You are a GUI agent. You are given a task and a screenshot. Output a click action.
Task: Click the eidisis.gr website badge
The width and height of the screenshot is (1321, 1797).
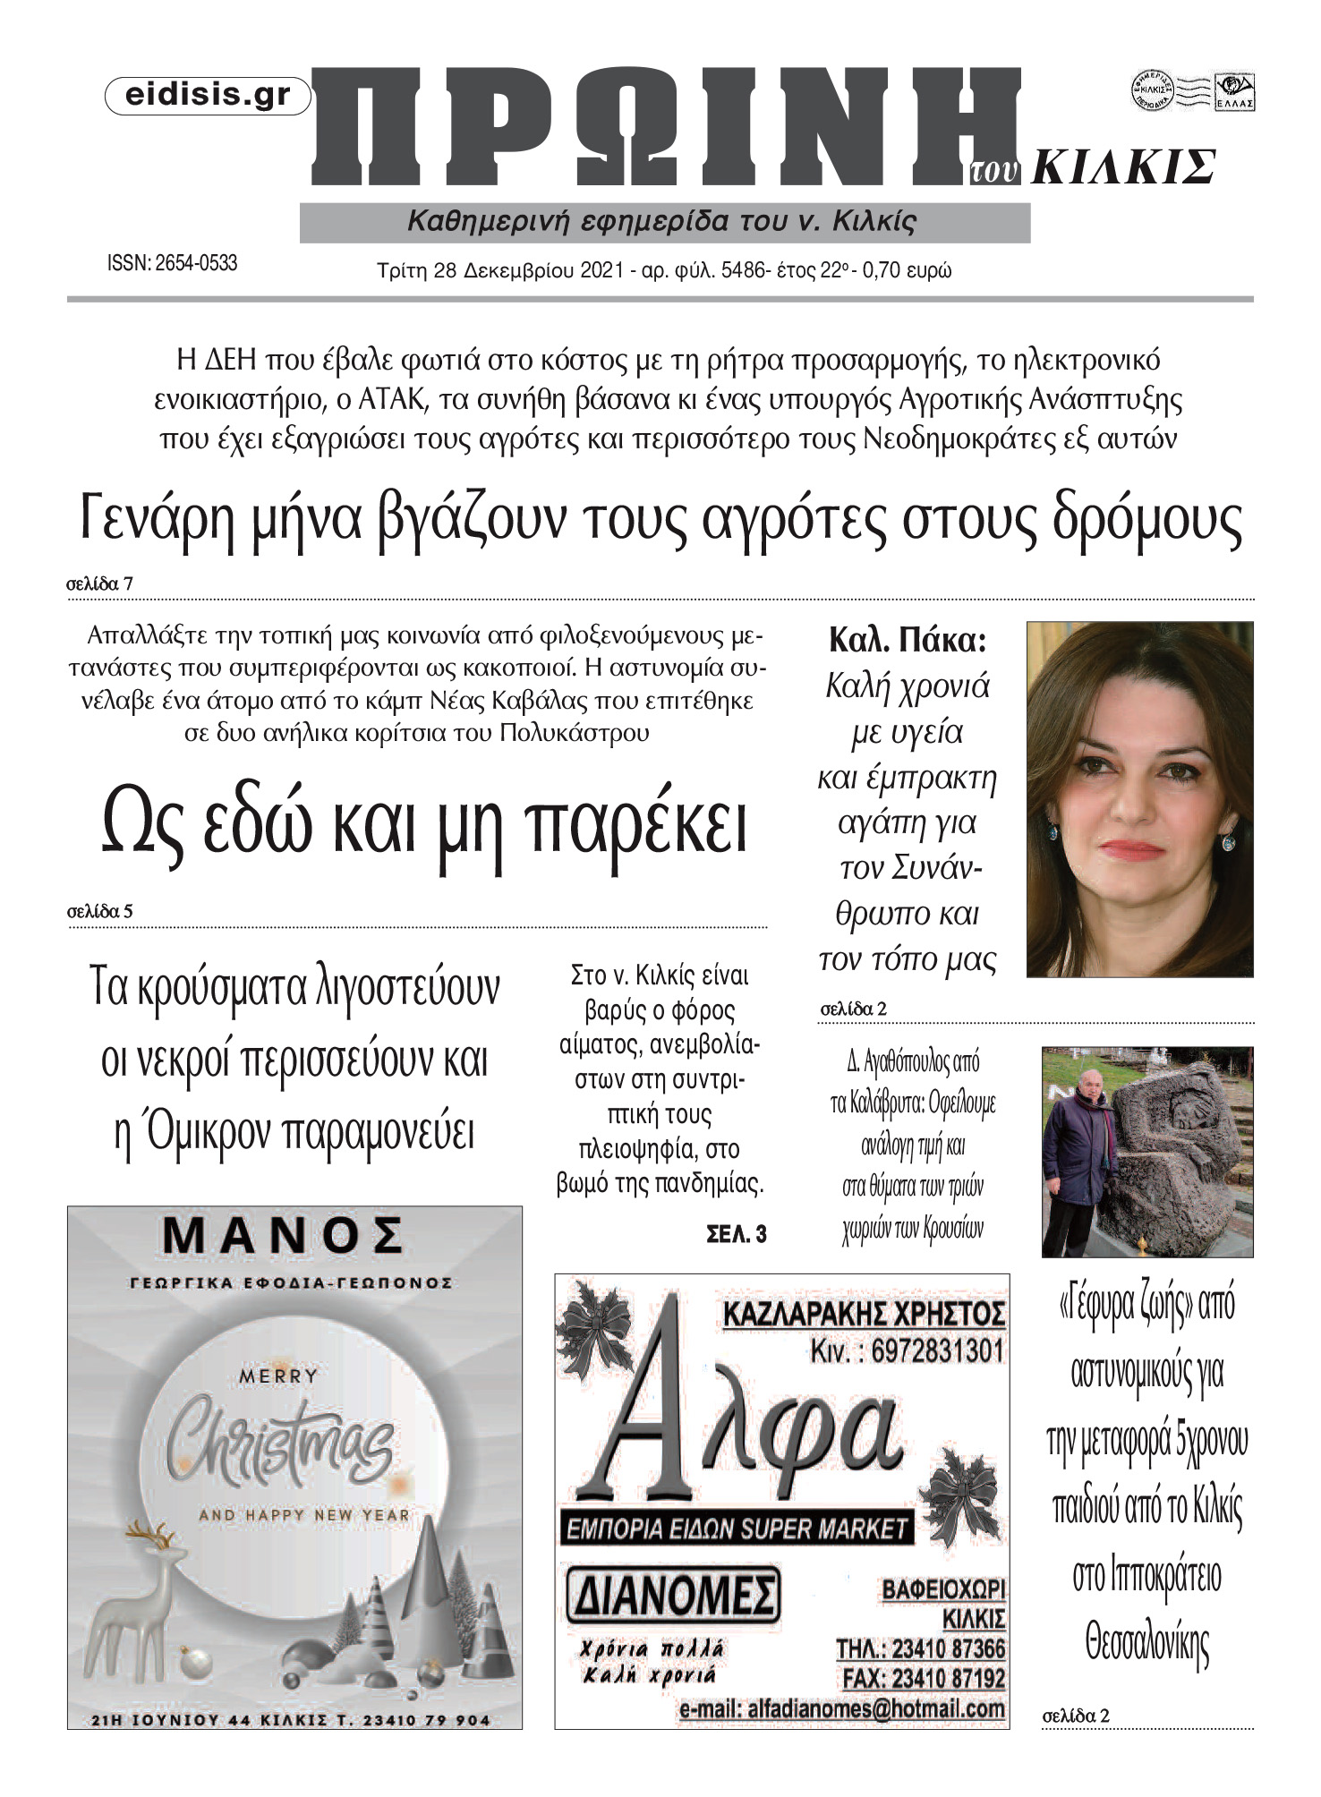208,96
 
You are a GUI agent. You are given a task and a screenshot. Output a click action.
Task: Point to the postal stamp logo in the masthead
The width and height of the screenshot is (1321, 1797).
1192,91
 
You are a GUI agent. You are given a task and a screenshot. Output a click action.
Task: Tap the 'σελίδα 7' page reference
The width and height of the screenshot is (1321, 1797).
99,584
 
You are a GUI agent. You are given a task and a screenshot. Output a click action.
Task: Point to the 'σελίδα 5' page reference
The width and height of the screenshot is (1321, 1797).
99,912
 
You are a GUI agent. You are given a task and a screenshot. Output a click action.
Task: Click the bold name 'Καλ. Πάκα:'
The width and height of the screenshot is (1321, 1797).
907,641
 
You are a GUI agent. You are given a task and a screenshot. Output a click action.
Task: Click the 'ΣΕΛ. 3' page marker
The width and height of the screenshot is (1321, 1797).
736,1235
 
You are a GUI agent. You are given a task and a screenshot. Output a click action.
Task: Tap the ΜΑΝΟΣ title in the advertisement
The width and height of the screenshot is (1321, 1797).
283,1237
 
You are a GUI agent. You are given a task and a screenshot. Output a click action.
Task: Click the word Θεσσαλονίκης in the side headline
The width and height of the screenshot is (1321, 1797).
1146,1643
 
